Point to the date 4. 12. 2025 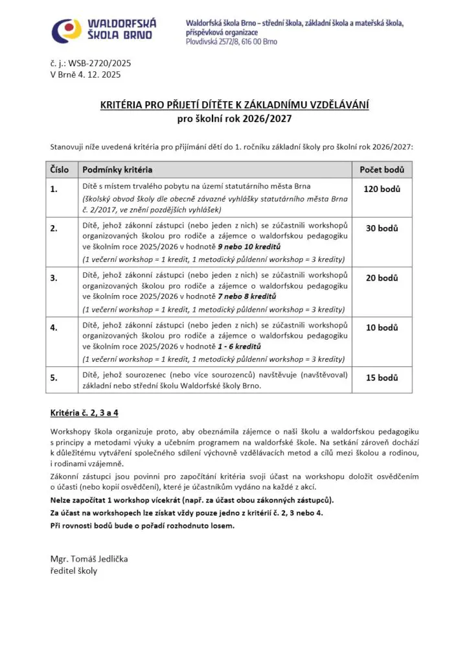(x=100, y=75)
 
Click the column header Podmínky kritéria (x=117, y=170)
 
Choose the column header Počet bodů (x=382, y=170)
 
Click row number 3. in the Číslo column (x=54, y=278)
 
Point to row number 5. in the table (x=54, y=377)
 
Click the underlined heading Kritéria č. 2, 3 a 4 (x=84, y=412)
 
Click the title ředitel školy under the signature (x=74, y=571)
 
